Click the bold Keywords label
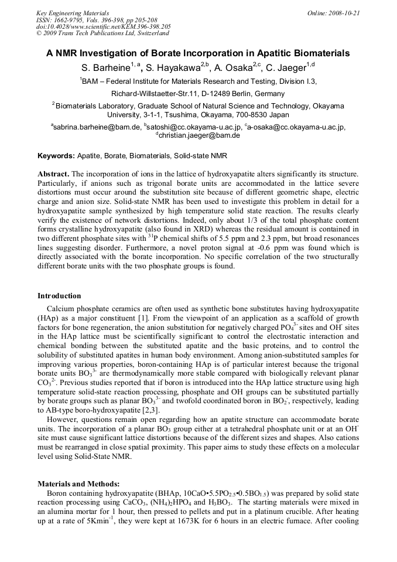56,156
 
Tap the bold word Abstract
53,175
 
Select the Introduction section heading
59,296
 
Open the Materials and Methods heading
78,483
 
